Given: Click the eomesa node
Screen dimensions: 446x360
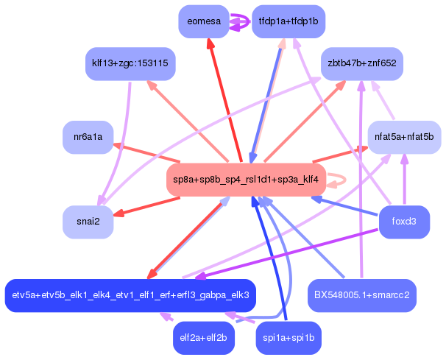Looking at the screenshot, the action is (x=204, y=21).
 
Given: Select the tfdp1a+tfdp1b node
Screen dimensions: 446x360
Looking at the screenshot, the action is (x=289, y=21).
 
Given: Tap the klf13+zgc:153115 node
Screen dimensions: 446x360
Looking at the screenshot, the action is (x=130, y=64).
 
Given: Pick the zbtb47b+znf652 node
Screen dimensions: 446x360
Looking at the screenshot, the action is (x=362, y=64).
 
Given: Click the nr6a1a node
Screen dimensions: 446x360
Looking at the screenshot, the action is (x=88, y=137).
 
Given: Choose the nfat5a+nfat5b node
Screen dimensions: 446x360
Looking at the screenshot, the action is (x=404, y=137).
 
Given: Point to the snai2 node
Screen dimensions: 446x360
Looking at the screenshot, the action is (x=88, y=222).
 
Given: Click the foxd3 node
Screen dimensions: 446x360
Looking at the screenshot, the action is (x=404, y=222).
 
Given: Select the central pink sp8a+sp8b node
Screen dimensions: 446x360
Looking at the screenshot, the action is (x=246, y=180).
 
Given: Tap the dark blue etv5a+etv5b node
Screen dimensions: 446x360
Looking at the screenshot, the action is (x=130, y=295).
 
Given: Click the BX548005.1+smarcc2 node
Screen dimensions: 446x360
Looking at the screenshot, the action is (x=362, y=295).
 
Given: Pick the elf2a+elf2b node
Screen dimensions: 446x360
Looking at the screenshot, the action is (x=204, y=338).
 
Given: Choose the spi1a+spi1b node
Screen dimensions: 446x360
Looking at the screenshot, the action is (x=289, y=338).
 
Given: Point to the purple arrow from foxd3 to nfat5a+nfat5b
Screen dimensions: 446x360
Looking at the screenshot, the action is (x=404, y=180).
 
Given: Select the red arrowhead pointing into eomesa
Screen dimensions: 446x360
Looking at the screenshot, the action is (x=210, y=44).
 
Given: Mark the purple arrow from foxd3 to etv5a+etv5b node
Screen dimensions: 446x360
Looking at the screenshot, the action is (x=287, y=253).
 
